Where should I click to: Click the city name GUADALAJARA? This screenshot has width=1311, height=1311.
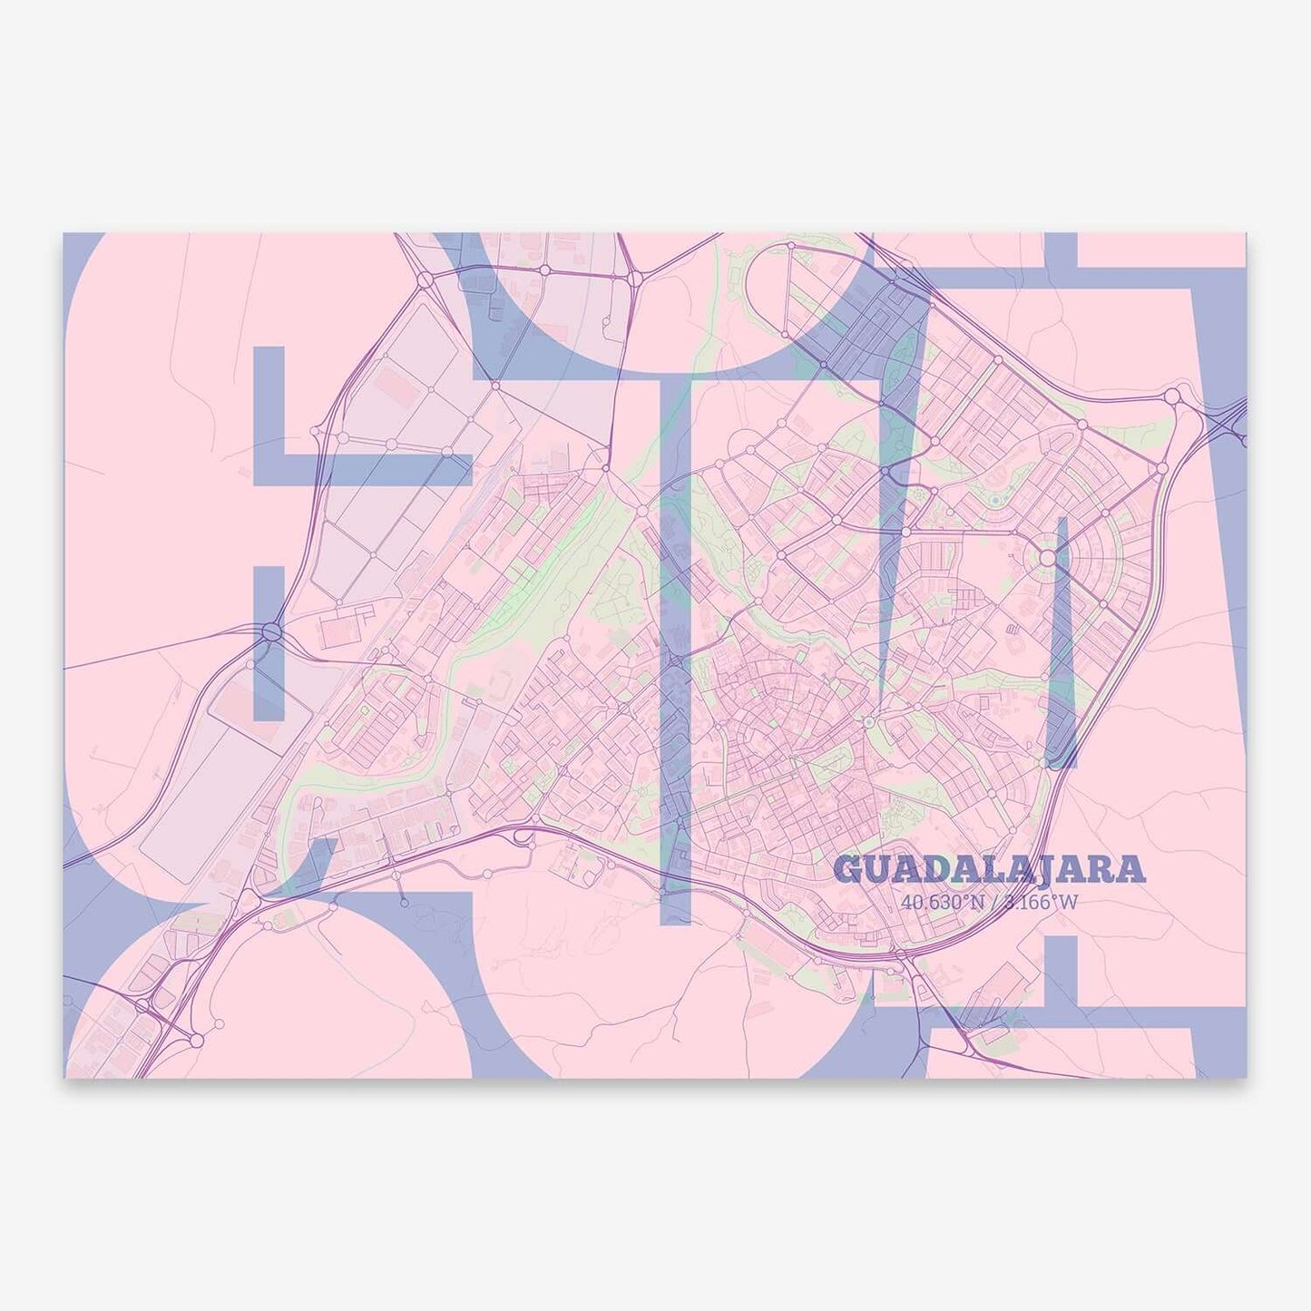pyautogui.click(x=989, y=870)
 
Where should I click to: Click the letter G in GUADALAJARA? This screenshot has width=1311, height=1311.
pyautogui.click(x=848, y=870)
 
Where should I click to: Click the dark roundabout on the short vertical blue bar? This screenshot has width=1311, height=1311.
pyautogui.click(x=271, y=632)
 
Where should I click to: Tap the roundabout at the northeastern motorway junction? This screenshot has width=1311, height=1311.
pyautogui.click(x=1173, y=396)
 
